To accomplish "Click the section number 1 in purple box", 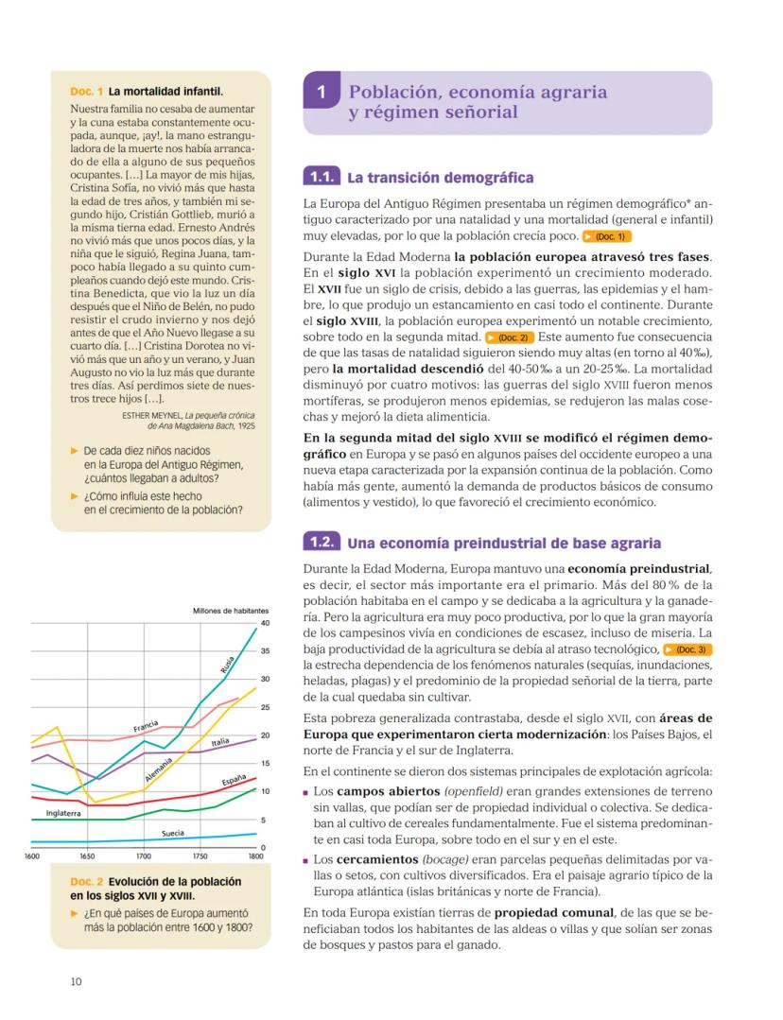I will coord(322,94).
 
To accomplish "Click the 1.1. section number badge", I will coord(320,177).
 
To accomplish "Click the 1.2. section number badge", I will coord(320,543).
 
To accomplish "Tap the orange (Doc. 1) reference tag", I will coord(607,236).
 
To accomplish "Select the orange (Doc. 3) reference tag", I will coord(687,649).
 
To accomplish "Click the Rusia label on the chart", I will coord(228,664).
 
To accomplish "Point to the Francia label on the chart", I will coord(145,727).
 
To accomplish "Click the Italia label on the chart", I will coord(220,743).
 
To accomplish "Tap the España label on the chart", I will coord(234,781).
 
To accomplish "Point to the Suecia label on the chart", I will coord(173,833).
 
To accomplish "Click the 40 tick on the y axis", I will coord(264,623).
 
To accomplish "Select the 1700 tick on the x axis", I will coord(143,856).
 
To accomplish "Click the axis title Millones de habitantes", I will coord(231,610).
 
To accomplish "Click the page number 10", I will coord(76,981).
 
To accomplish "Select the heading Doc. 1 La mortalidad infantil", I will coord(147,92).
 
